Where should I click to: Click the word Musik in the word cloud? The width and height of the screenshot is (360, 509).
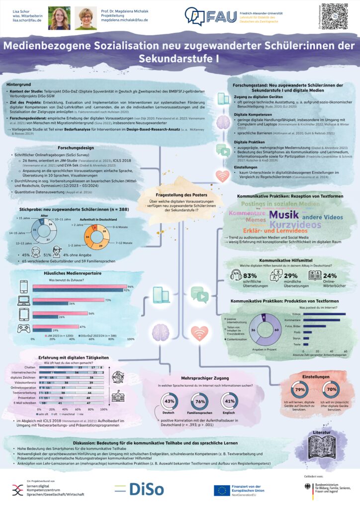pos(284,215)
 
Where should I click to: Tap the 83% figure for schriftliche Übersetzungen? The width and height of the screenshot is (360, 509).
pos(250,276)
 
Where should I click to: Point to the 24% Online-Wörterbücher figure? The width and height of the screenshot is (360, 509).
pos(329,276)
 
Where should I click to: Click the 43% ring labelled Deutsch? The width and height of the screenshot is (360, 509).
pos(170,401)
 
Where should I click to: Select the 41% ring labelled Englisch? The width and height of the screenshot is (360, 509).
pos(230,401)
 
